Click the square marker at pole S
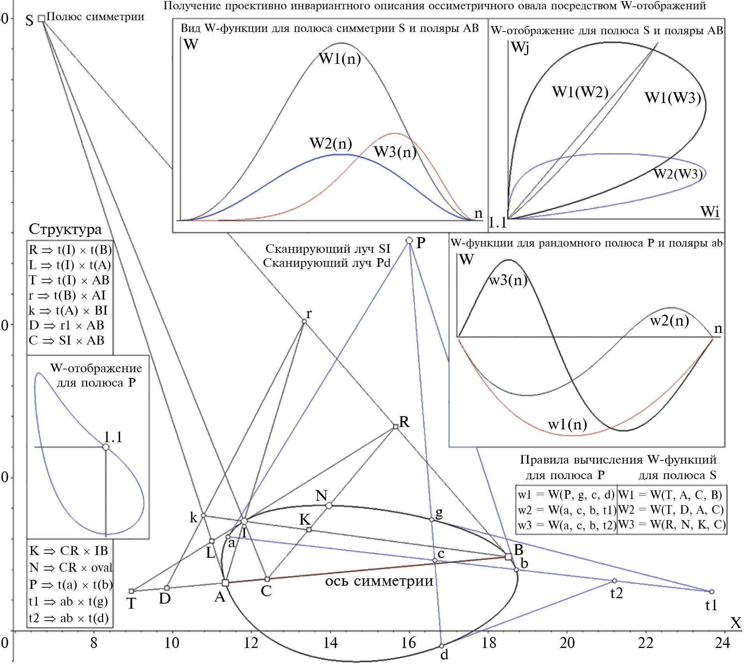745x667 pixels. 41,19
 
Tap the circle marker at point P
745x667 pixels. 409,240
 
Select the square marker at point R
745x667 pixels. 395,427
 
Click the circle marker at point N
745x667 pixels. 329,505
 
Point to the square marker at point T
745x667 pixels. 132,591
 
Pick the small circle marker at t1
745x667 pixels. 712,592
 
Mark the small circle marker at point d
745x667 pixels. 441,646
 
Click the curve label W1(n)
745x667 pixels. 340,58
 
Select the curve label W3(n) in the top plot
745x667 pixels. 395,152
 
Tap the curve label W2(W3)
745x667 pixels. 678,173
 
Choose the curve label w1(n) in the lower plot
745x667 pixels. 568,424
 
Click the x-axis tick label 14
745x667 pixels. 330,643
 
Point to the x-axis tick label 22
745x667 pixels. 645,643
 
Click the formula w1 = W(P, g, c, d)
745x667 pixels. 566,494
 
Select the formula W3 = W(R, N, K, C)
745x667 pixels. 672,525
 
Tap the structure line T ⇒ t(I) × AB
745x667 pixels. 69,280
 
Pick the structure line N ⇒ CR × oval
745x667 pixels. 71,567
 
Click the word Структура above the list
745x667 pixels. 65,229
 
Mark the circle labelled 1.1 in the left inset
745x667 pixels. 105,447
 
